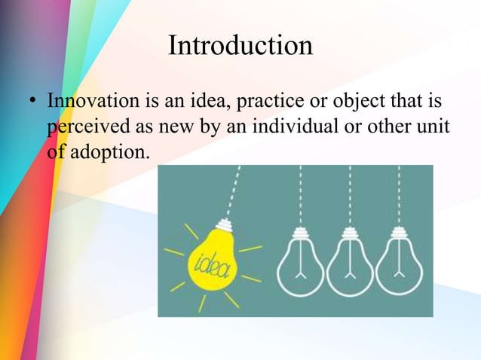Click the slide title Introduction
240,46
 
